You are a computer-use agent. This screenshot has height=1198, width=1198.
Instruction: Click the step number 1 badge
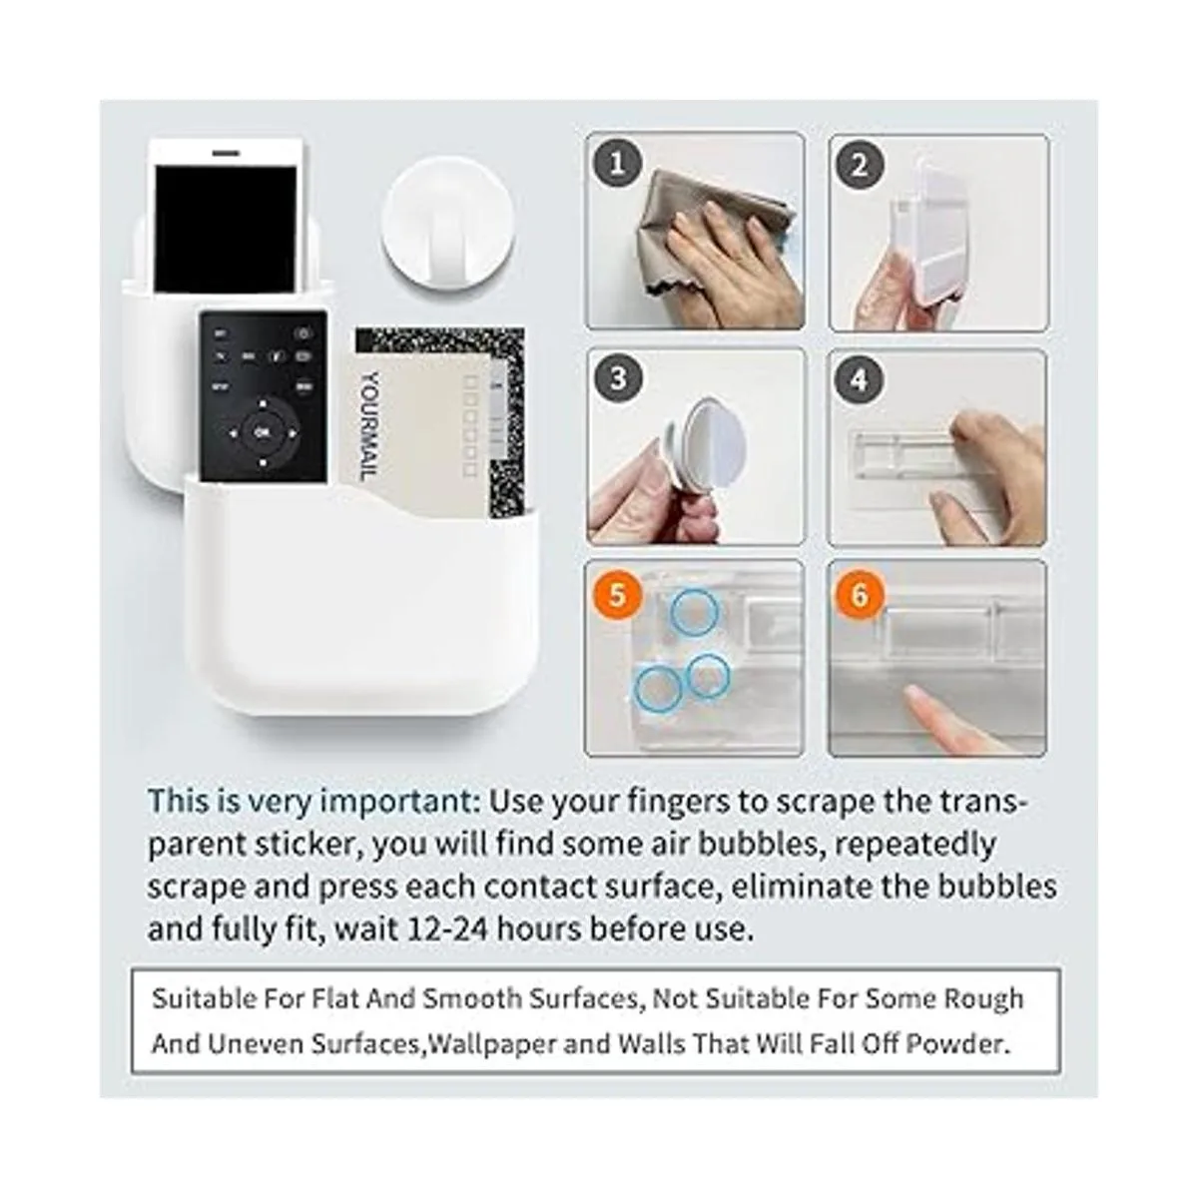(x=617, y=165)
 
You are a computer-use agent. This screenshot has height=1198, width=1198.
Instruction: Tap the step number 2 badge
(x=860, y=166)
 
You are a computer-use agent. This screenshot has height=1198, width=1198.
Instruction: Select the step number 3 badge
(x=617, y=378)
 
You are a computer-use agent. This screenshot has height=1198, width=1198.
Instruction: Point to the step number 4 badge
(x=859, y=378)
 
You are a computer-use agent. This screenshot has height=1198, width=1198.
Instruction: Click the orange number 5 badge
(x=617, y=595)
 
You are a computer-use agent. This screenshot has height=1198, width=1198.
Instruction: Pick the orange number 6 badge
(x=859, y=595)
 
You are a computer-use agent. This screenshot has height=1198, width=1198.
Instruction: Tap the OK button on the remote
(x=263, y=432)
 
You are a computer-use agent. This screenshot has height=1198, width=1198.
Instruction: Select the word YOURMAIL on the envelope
(x=370, y=426)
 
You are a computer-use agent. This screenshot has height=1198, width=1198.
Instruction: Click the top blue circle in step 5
(x=695, y=612)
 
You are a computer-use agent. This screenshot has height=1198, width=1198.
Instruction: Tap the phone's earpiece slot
(x=227, y=153)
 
